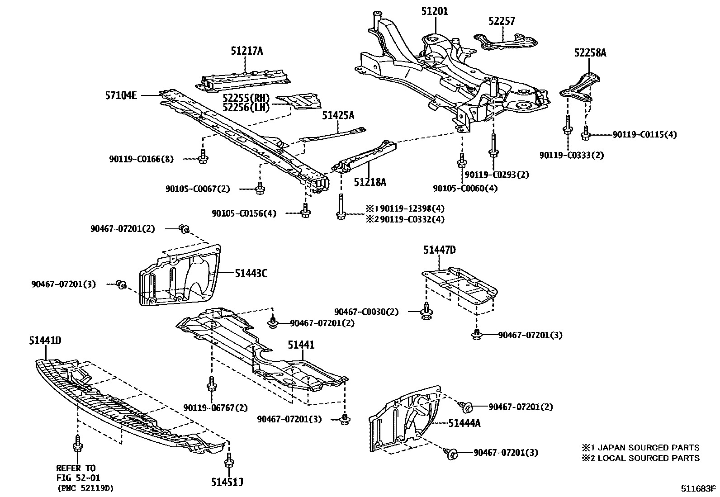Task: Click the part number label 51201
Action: (x=434, y=11)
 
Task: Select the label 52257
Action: (x=502, y=21)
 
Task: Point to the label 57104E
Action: (x=121, y=95)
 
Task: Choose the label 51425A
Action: (x=338, y=116)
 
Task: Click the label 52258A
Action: (x=590, y=53)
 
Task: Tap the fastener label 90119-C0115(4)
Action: (x=644, y=134)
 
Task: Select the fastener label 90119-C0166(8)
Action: (x=141, y=159)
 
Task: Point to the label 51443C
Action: (x=251, y=273)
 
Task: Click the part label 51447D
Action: (x=440, y=250)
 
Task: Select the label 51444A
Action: (x=464, y=423)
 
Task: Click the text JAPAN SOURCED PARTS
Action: (x=649, y=448)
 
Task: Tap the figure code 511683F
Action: (x=699, y=489)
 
